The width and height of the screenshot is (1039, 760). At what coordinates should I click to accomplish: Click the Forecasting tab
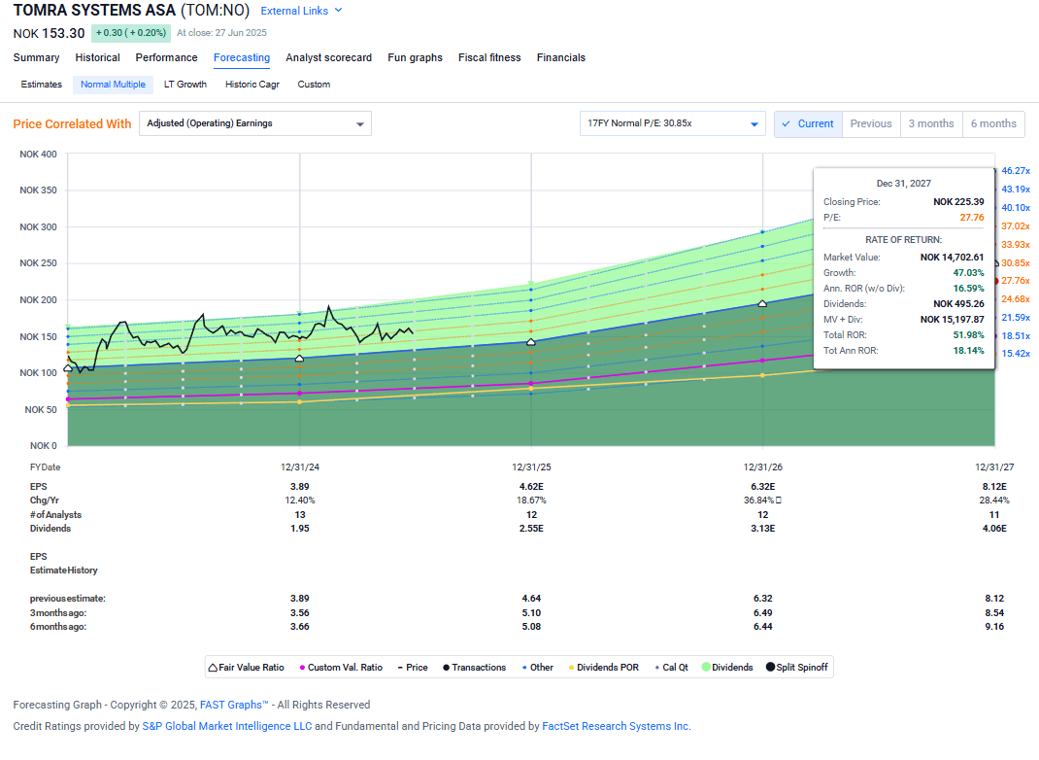[242, 57]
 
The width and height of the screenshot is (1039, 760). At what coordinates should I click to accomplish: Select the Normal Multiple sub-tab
[113, 85]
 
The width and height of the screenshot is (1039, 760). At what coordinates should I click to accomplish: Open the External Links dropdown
[301, 11]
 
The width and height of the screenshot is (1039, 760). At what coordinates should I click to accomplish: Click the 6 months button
[993, 123]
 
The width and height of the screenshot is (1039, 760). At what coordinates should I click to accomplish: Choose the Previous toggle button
[870, 123]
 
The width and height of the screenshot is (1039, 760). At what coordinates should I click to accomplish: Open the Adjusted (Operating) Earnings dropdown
[255, 123]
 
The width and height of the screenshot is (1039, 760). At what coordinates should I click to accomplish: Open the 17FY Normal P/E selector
[672, 123]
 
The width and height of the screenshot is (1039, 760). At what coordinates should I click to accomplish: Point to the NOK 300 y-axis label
[38, 227]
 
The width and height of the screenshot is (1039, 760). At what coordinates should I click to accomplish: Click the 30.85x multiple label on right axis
[1015, 263]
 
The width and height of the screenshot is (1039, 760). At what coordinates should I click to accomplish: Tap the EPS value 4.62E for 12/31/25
[531, 487]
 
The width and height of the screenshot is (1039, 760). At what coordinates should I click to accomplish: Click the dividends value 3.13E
[762, 529]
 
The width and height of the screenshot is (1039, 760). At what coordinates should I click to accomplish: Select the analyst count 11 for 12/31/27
[994, 515]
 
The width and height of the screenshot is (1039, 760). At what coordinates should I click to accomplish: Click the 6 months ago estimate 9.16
[994, 627]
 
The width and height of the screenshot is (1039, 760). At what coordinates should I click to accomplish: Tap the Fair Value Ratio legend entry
[247, 668]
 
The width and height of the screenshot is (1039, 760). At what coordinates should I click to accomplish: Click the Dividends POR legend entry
[603, 668]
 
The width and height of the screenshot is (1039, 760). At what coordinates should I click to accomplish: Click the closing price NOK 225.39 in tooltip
[958, 202]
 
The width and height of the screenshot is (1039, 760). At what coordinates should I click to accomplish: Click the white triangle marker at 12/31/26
[762, 304]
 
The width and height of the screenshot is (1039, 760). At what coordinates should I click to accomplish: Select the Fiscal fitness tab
[489, 57]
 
